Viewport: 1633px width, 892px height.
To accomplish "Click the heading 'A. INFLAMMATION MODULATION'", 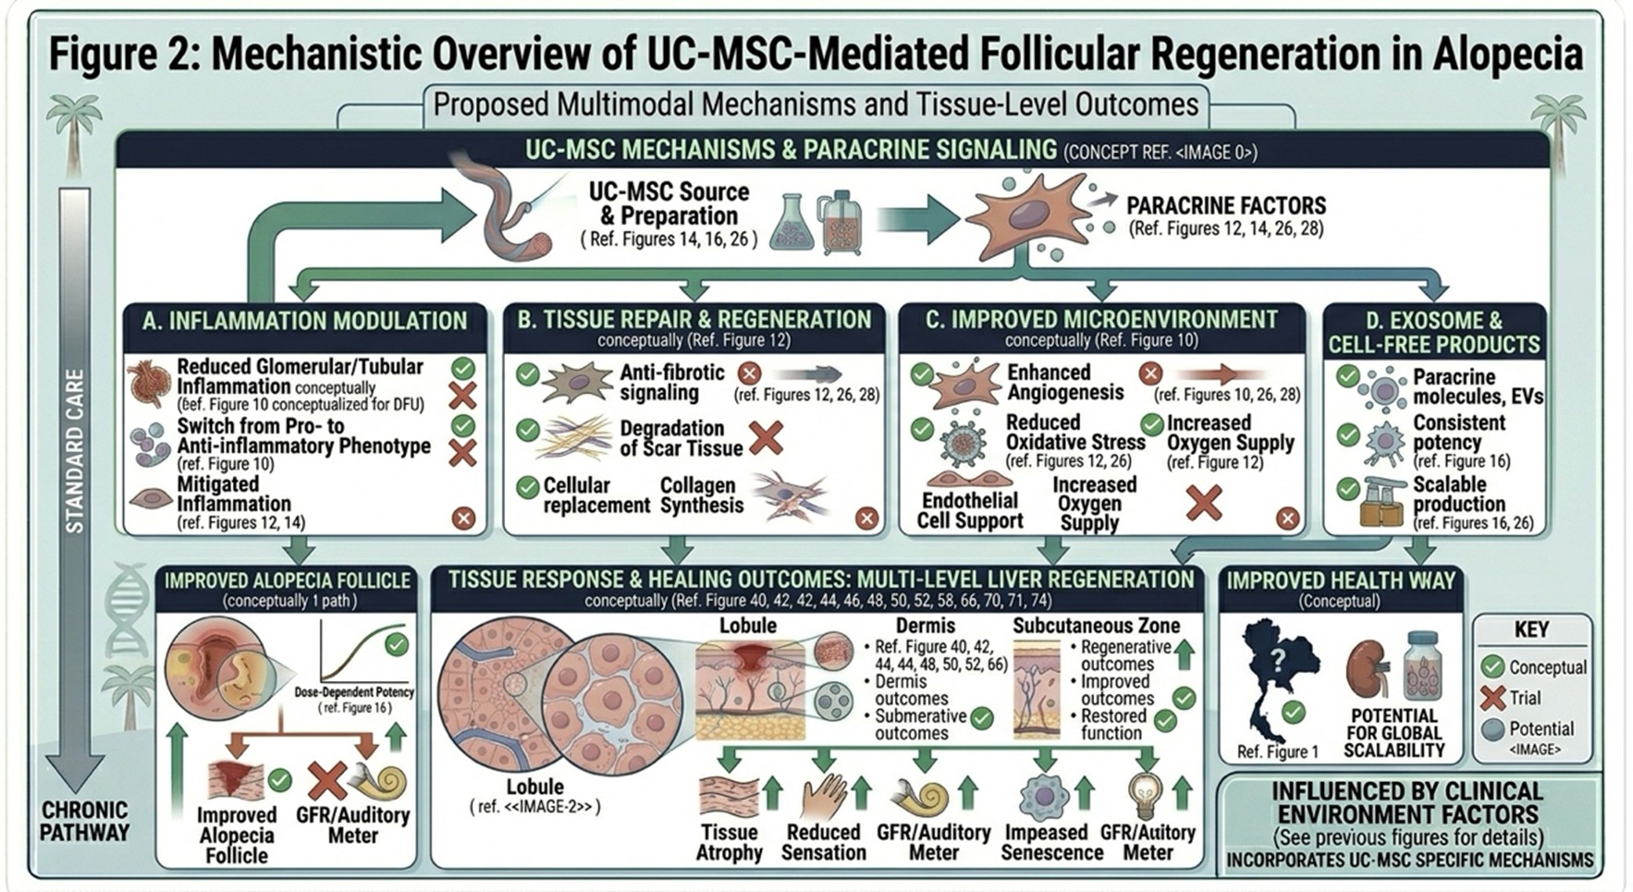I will point(304,322).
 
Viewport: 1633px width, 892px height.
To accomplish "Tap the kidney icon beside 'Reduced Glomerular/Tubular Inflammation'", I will point(148,384).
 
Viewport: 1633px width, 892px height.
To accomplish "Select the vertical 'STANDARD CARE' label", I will point(75,450).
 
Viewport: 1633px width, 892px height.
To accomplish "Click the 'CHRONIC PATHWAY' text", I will point(84,821).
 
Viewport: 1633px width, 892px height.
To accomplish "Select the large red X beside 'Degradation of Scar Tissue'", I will point(766,439).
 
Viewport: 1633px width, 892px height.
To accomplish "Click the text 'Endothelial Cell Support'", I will point(970,511).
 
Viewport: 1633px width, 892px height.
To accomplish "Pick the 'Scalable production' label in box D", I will point(1459,494).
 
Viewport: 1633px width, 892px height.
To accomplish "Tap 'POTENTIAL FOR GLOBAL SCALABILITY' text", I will point(1394,734).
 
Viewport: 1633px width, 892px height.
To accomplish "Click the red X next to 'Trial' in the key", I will point(1493,697).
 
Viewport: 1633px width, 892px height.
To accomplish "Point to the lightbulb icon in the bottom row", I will point(1144,795).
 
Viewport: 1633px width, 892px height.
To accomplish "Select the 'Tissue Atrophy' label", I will point(729,842).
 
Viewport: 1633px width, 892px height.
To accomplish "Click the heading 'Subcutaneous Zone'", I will point(1096,626).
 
